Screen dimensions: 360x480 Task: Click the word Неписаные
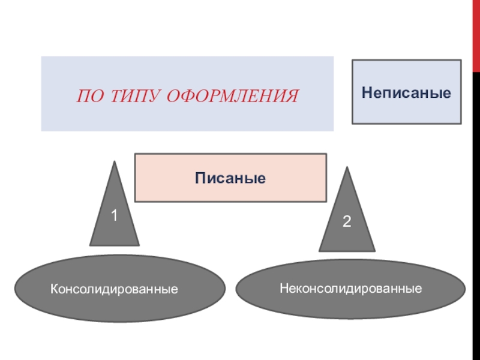point(406,92)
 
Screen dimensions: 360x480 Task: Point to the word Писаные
point(230,178)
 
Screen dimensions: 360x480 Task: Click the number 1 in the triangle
point(113,215)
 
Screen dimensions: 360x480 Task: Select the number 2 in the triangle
point(347,221)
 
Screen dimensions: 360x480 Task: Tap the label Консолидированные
point(114,289)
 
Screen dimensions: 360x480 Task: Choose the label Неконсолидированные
point(350,289)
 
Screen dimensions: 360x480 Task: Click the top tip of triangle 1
point(113,161)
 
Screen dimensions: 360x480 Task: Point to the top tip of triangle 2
point(346,169)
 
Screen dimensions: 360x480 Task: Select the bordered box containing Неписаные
point(406,111)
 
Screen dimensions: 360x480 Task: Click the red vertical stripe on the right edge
point(473,180)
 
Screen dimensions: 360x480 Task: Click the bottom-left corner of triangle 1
point(90,245)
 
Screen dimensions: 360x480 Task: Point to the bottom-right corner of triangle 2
point(374,250)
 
